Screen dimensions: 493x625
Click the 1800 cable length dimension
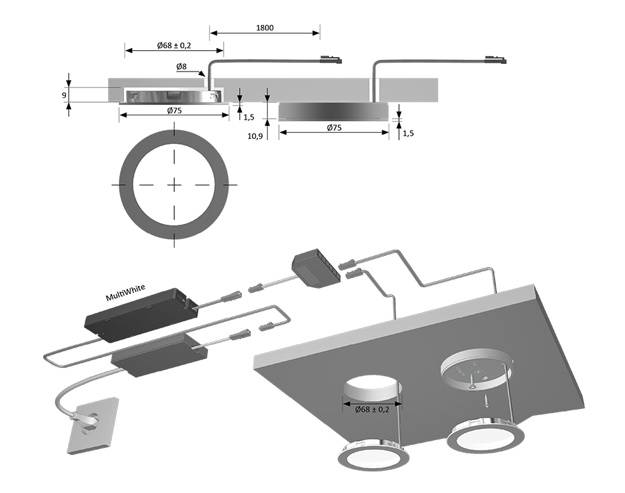264,28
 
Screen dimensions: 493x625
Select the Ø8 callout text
181,66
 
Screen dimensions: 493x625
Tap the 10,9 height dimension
255,136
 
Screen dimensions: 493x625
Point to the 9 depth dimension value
63,95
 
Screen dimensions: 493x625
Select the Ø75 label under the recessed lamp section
174,111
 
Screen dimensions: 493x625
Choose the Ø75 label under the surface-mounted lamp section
334,128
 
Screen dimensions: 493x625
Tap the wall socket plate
91,428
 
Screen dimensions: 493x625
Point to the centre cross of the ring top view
173,184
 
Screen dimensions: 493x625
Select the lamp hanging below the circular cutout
373,456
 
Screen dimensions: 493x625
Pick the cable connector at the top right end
497,62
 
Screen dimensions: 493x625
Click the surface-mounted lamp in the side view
334,111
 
